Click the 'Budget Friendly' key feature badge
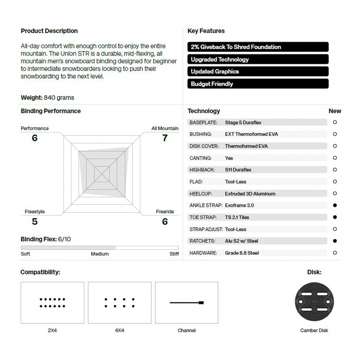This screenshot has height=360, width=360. point(258,84)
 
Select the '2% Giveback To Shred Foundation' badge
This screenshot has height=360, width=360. point(258,47)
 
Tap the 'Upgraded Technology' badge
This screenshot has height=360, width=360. point(258,59)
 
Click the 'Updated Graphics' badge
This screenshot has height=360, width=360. point(258,71)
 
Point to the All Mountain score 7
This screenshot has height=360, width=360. point(165,138)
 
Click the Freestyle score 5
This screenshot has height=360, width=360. point(34,222)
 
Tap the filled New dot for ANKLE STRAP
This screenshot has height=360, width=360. point(335,205)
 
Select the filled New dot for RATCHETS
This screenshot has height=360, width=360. point(335,241)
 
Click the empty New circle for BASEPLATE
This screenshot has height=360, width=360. point(335,122)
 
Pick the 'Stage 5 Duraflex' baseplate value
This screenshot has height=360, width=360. point(243,122)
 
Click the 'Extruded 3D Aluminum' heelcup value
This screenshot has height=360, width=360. point(250,194)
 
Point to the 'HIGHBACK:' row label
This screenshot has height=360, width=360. point(202,170)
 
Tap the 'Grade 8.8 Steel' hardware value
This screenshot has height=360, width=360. point(242,253)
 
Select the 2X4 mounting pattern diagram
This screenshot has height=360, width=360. point(52,302)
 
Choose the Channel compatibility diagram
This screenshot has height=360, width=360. point(187,302)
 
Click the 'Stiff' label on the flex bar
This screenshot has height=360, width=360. point(174,254)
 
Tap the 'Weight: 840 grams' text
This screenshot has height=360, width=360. point(47,98)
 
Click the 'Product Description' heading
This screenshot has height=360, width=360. point(49,31)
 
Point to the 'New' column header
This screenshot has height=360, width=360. point(335,111)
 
